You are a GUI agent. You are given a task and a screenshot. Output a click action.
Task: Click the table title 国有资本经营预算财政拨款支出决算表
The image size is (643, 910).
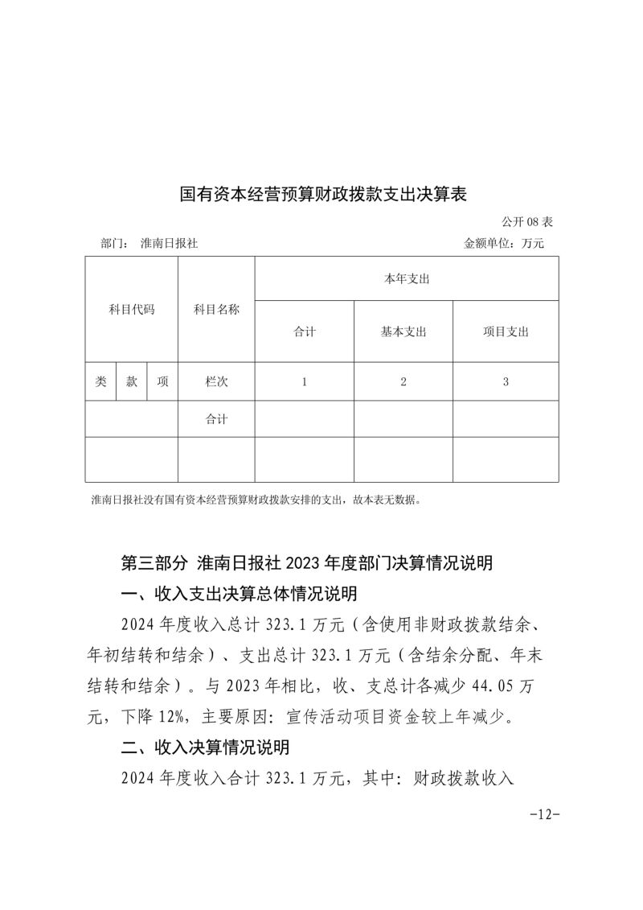(322, 195)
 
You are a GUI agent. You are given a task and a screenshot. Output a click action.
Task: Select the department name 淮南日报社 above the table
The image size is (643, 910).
(169, 243)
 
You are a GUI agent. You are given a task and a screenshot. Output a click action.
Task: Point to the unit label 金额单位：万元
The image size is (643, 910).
(504, 243)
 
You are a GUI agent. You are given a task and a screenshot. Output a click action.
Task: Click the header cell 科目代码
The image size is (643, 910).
(131, 309)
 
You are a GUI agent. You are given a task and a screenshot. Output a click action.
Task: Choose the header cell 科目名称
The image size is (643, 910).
(216, 309)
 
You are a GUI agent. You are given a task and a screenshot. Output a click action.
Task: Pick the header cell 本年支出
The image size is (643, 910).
(407, 278)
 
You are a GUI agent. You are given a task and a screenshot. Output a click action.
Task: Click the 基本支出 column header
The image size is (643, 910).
(403, 331)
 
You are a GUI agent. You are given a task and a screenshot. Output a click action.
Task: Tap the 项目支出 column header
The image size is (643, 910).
(506, 331)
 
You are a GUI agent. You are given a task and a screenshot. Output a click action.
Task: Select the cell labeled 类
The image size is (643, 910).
(100, 382)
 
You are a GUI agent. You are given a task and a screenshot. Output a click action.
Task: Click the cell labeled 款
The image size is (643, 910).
(132, 382)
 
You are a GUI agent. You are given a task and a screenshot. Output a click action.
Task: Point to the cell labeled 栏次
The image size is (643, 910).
(216, 382)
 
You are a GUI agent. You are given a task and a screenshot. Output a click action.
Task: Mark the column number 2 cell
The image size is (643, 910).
(403, 382)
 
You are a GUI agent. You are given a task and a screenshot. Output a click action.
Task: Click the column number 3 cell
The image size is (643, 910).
(506, 382)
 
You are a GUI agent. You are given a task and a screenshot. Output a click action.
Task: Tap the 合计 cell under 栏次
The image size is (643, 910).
(216, 419)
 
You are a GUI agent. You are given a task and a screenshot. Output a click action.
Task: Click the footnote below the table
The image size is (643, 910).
(256, 500)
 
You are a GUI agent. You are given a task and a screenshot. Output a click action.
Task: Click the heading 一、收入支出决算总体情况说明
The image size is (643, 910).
(238, 594)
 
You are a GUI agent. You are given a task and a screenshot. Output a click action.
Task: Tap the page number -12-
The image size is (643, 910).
(544, 813)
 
